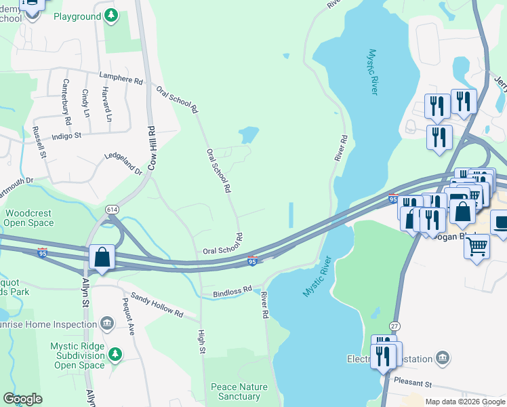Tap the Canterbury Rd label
(66, 102)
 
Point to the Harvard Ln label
(106, 104)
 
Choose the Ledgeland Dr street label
(123, 162)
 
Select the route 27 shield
(395, 326)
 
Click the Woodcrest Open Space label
(28, 217)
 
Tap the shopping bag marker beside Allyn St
(102, 258)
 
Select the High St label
(201, 341)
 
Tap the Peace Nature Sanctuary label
(239, 391)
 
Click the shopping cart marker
(477, 246)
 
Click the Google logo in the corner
(22, 399)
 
